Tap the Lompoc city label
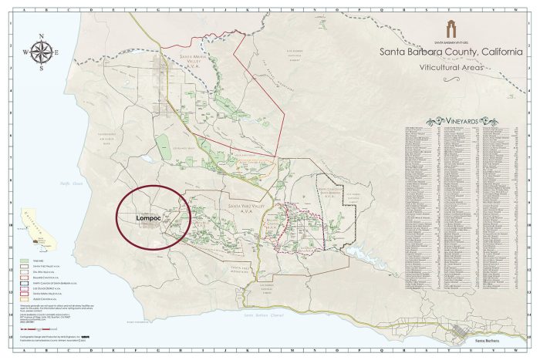click(147, 217)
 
